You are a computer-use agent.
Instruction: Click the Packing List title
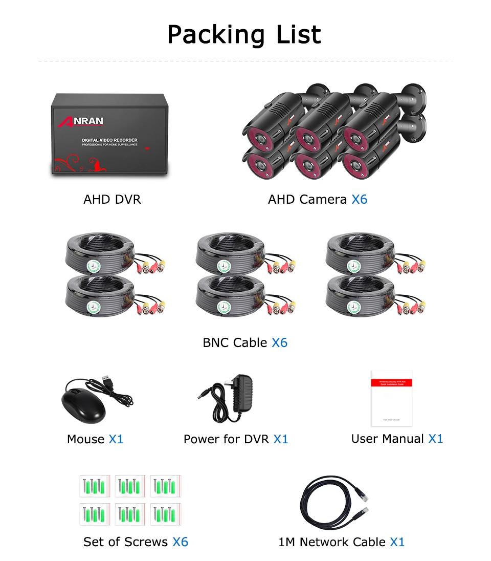click(x=244, y=35)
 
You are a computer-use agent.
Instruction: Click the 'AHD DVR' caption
click(x=112, y=199)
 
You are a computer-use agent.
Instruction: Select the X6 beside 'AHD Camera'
click(x=359, y=199)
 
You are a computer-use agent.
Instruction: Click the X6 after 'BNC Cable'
click(x=279, y=342)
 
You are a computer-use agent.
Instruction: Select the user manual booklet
click(x=391, y=398)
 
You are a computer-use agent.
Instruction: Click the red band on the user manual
click(x=391, y=382)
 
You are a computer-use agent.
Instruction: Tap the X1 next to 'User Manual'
click(x=435, y=439)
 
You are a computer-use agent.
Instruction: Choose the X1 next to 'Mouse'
click(x=116, y=439)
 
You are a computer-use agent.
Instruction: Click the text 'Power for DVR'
click(x=226, y=439)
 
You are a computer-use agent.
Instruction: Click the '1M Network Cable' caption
click(x=332, y=542)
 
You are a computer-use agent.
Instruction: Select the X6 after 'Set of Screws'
click(x=180, y=542)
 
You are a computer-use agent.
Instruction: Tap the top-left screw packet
click(x=96, y=486)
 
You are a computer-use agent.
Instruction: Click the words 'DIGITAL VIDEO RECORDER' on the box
click(x=109, y=140)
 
